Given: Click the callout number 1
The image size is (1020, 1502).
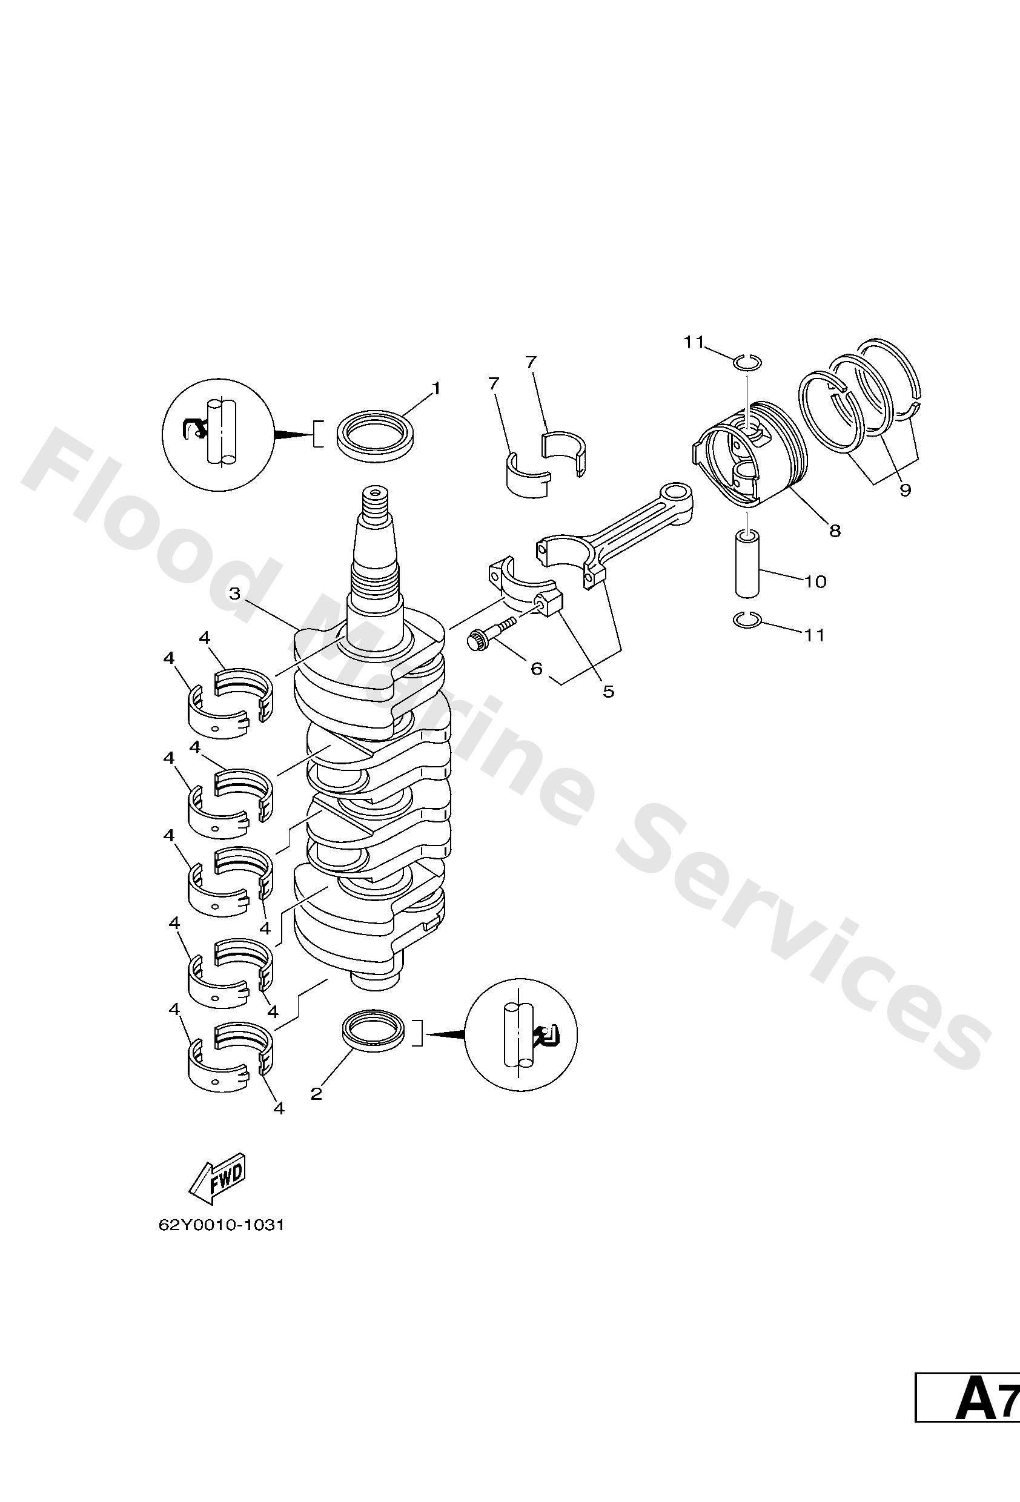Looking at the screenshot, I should [x=436, y=388].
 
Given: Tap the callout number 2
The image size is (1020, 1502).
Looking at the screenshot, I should [x=316, y=1094].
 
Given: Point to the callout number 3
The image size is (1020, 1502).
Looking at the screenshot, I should [x=234, y=594].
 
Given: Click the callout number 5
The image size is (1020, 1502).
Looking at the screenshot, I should [x=608, y=692].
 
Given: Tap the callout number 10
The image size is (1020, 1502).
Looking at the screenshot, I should [x=815, y=581].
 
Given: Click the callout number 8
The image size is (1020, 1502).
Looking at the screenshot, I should [x=835, y=531].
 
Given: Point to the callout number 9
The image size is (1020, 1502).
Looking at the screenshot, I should [x=905, y=491].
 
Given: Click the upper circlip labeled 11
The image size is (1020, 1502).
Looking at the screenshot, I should [x=748, y=362].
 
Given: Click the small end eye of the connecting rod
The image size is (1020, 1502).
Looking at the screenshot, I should [x=680, y=492].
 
